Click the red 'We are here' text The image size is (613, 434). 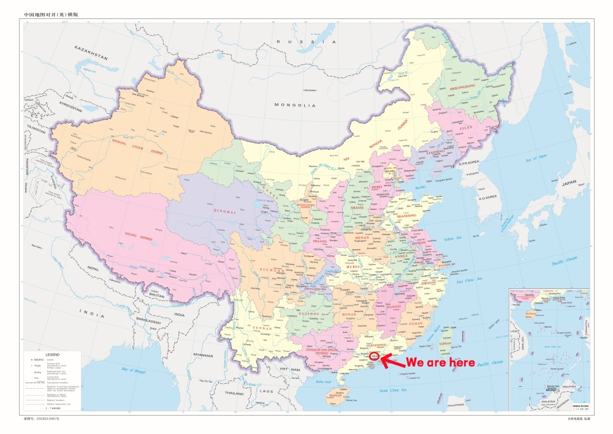coord(440,363)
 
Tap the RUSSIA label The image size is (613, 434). coord(306,42)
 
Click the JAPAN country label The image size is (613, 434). coord(569,182)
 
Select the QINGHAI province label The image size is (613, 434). coord(224,212)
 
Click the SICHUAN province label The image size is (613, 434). coord(272,269)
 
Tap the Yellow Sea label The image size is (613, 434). coord(453,238)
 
